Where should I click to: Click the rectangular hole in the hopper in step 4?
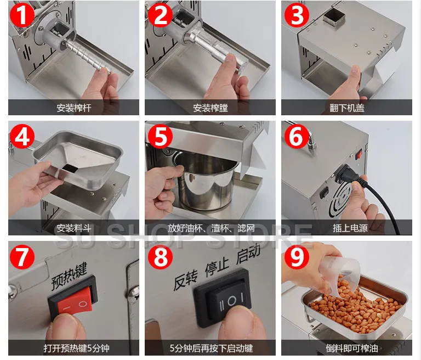pyautogui.click(x=70, y=166)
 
